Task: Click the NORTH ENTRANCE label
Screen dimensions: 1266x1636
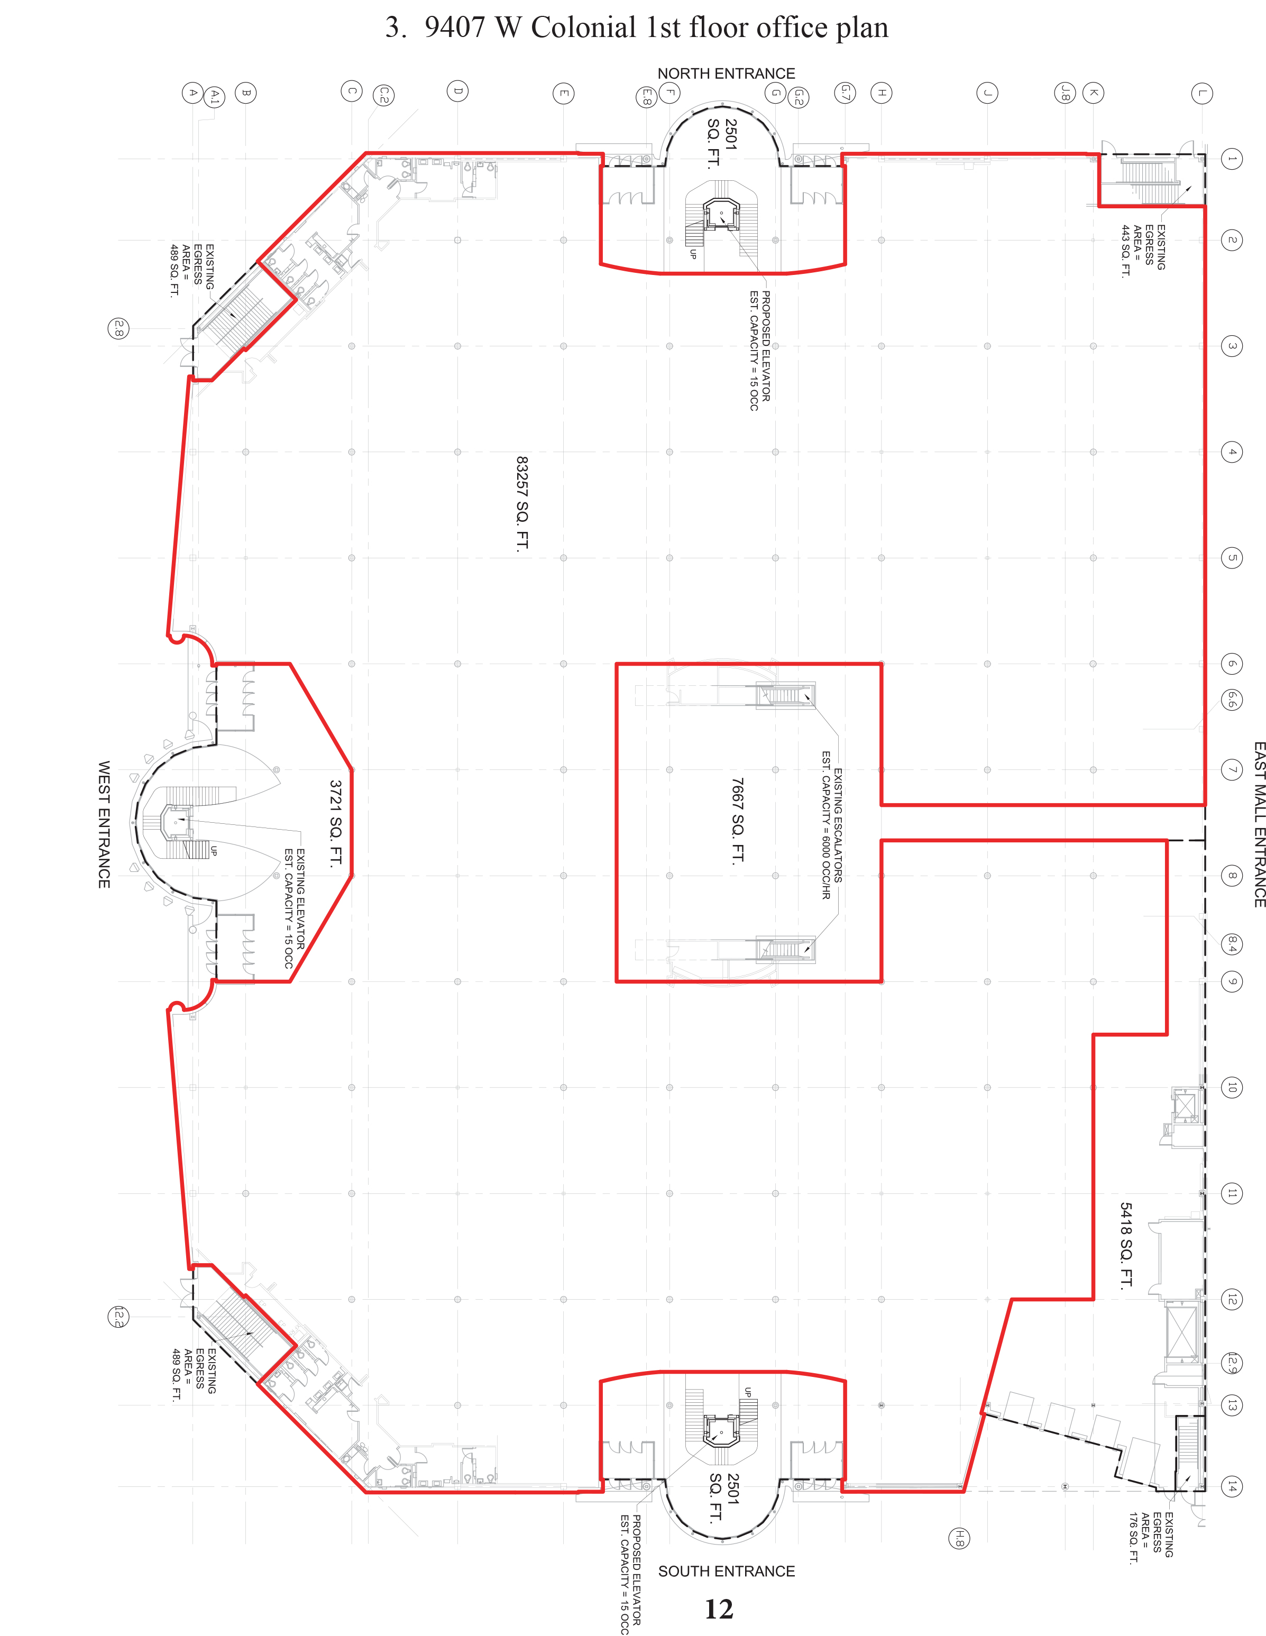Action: [x=726, y=73]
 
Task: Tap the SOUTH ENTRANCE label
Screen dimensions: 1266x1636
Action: [x=727, y=1571]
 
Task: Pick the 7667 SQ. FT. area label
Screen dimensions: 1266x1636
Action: [x=738, y=821]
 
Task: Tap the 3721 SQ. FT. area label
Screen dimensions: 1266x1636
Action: [x=336, y=823]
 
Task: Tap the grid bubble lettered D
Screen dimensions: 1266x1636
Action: [x=458, y=91]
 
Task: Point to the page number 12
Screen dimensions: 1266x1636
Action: [x=719, y=1609]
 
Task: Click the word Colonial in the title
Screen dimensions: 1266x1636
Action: [x=584, y=27]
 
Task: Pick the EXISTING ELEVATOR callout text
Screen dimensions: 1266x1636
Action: [x=300, y=899]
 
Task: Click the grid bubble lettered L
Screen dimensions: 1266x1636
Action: [x=1201, y=93]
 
